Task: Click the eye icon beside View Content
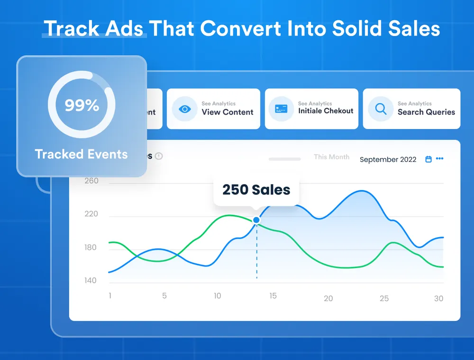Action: click(184, 109)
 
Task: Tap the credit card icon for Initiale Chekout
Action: click(281, 109)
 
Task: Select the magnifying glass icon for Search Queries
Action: click(381, 109)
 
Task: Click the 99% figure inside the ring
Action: click(82, 105)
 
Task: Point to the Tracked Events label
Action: click(81, 154)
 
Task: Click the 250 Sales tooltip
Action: click(256, 190)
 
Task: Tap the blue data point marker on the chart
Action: click(256, 220)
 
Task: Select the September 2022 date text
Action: click(388, 159)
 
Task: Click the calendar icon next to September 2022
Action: click(428, 159)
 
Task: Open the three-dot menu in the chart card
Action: click(440, 159)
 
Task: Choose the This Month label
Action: click(331, 157)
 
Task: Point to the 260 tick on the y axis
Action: click(91, 181)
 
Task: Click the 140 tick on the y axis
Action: click(90, 280)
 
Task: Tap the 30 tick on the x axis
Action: click(439, 298)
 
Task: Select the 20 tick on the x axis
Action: click(328, 298)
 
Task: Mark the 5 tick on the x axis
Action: click(164, 296)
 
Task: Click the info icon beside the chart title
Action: click(159, 156)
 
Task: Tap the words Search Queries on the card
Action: click(426, 112)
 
